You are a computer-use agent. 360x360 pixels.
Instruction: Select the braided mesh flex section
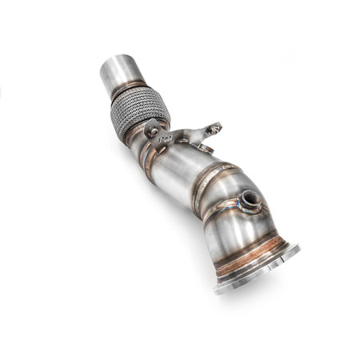tap(143, 114)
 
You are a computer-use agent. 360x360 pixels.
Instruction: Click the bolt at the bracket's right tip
tap(214, 127)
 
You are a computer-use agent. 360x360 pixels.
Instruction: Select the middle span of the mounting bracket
tap(186, 134)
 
